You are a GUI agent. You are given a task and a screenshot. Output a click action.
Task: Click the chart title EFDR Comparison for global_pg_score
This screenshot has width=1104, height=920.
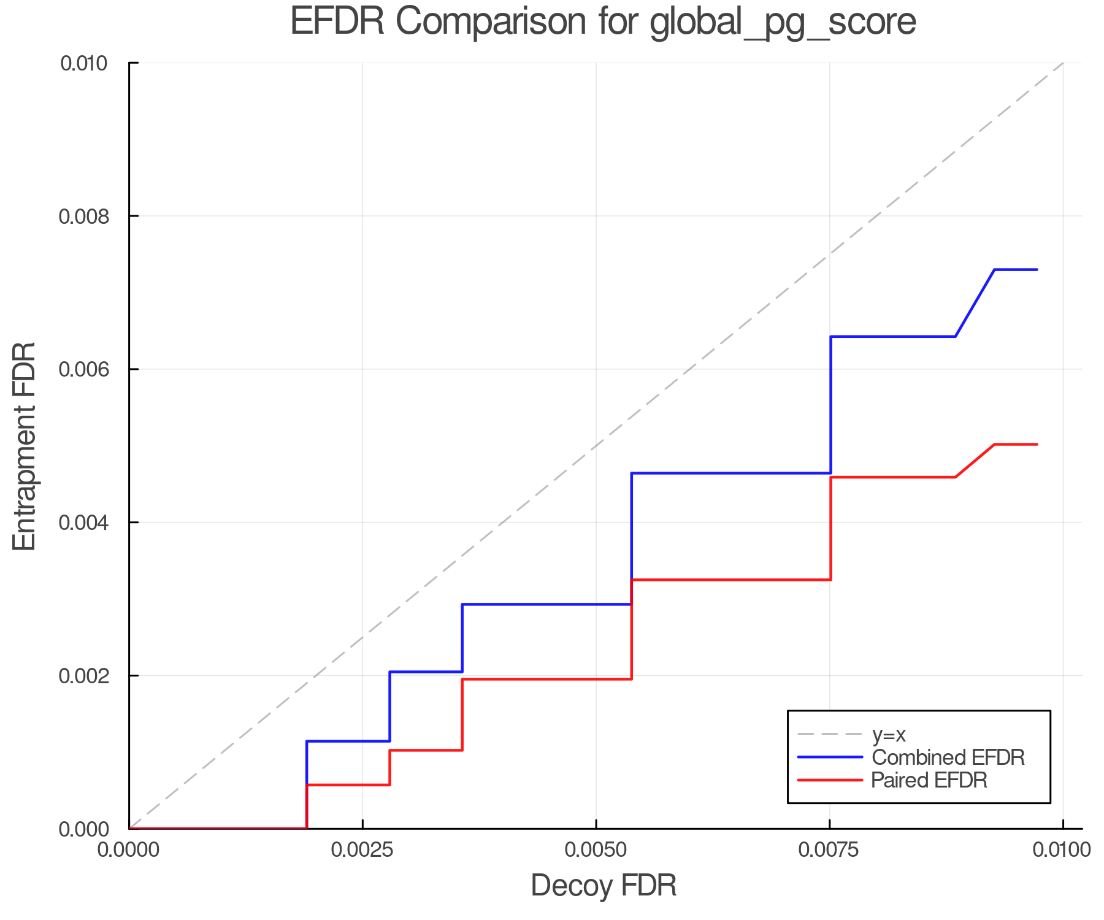click(x=603, y=22)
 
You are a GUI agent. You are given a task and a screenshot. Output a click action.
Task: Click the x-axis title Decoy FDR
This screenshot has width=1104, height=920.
click(x=604, y=885)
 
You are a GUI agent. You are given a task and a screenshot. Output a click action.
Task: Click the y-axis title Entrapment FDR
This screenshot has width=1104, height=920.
click(x=25, y=446)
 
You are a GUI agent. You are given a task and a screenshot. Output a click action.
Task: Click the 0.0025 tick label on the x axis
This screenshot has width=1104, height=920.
click(x=362, y=850)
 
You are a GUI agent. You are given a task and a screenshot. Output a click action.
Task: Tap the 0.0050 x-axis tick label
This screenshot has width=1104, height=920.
click(x=596, y=850)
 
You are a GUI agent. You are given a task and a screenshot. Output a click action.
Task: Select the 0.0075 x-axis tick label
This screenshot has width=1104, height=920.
click(x=830, y=850)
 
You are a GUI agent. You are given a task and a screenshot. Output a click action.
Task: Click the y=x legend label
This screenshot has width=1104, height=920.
click(x=889, y=734)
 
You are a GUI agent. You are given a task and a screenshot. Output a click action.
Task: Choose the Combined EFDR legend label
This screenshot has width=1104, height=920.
click(x=948, y=757)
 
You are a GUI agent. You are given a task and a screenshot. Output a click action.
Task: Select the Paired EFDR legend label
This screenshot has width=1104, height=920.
click(x=929, y=780)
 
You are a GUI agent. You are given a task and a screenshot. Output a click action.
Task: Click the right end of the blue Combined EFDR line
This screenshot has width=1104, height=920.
click(x=1037, y=270)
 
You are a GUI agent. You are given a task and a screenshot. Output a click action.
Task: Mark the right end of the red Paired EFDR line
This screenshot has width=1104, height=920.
click(x=1037, y=444)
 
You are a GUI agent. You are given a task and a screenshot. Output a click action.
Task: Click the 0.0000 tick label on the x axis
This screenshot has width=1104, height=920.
click(x=129, y=850)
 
